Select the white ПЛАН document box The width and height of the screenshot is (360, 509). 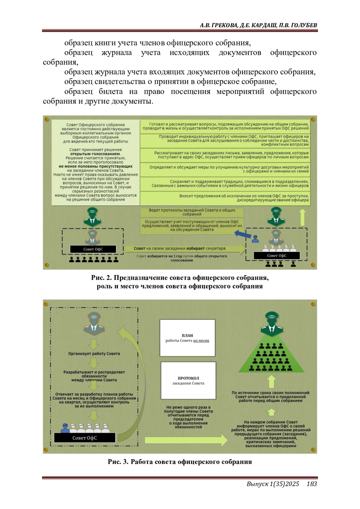coord(187,338)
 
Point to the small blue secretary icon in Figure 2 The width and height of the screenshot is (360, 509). coord(256,239)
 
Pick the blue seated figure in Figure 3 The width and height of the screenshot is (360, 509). coord(65,428)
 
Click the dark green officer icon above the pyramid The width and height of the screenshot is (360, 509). coord(271,324)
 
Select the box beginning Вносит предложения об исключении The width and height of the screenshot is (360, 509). coord(225,198)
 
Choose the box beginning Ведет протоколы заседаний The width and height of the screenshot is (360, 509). coord(192,212)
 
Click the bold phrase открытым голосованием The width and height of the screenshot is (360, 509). coord(95,154)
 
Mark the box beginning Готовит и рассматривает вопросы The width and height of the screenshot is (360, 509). coord(225,126)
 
